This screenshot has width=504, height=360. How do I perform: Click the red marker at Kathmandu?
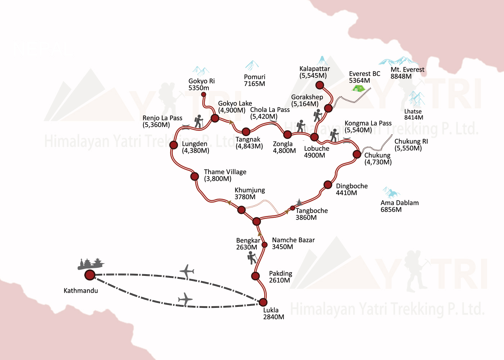[90, 275]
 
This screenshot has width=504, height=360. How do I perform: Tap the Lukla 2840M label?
[274, 314]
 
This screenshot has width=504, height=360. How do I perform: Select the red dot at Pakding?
[255, 276]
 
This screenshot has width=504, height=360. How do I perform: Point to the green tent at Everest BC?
[359, 88]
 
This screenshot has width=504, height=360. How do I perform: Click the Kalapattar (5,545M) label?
[314, 72]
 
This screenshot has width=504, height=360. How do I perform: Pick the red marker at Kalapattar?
[320, 85]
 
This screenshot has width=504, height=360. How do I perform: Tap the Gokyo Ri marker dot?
[203, 94]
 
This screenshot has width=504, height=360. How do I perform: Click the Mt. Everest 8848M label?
[407, 73]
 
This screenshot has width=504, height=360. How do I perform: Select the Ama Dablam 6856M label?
[400, 206]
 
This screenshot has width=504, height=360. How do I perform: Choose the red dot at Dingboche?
[328, 185]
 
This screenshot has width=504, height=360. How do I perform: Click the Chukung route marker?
[357, 154]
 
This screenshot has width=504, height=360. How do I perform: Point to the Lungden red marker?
[174, 145]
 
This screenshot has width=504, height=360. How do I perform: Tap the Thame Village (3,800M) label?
[225, 175]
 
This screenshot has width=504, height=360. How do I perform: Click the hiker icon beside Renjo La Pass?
[198, 122]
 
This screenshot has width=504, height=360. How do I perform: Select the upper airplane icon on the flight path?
[187, 271]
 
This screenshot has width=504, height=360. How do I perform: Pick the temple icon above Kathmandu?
[91, 264]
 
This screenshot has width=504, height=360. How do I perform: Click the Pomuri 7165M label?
[255, 80]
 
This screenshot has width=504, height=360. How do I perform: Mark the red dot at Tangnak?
[246, 132]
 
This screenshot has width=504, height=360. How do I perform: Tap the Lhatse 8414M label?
[413, 114]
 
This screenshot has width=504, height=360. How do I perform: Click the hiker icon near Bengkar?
[252, 258]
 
